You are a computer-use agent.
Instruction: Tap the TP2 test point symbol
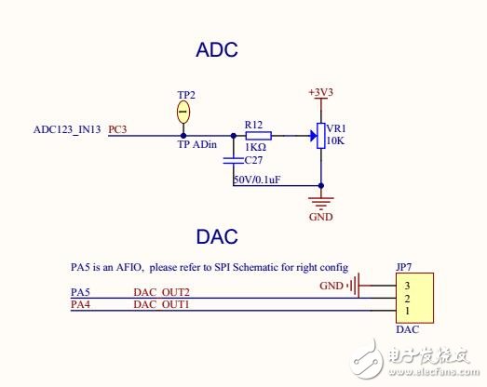[x=183, y=113]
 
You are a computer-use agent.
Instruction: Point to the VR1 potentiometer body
[x=321, y=136]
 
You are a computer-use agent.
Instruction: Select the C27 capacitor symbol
[x=233, y=160]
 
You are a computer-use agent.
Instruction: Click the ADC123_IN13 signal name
[x=68, y=129]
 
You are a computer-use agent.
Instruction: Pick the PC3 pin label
[x=118, y=129]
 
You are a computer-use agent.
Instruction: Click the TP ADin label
[x=196, y=145]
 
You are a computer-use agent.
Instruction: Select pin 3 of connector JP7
[x=406, y=287]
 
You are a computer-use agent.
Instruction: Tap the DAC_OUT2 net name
[x=161, y=292]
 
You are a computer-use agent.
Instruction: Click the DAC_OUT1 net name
[x=161, y=304]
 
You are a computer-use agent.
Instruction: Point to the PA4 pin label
[x=81, y=304]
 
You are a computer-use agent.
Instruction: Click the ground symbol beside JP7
[x=354, y=286]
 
